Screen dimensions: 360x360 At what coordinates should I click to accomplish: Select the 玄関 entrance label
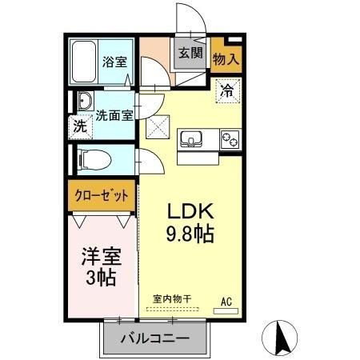[x=190, y=54]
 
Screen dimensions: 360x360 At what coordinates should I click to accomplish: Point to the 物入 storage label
[x=226, y=59]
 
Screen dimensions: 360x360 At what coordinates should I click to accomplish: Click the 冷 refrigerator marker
[x=227, y=90]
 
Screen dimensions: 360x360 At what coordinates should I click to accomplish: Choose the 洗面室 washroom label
[x=114, y=114]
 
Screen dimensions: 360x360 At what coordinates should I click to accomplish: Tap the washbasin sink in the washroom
[x=85, y=102]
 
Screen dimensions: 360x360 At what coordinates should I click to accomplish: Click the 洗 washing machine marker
[x=80, y=126]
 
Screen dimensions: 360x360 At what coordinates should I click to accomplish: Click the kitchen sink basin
[x=192, y=140]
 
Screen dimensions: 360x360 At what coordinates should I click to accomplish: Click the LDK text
[x=190, y=212]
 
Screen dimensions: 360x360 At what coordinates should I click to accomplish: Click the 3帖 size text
[x=102, y=279]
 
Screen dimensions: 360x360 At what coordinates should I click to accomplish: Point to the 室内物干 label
[x=172, y=298]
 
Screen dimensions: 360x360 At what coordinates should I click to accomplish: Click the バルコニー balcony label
[x=155, y=338]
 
